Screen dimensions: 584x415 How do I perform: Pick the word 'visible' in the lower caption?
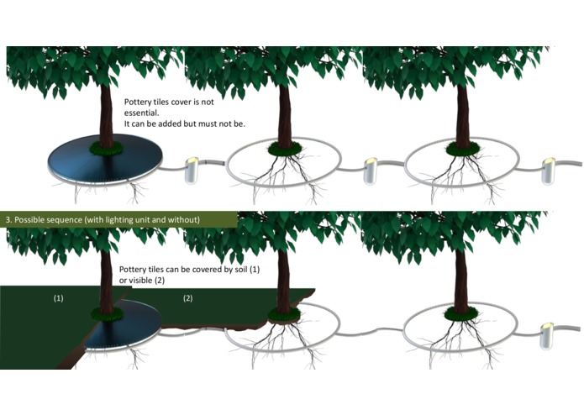pyautogui.click(x=139, y=280)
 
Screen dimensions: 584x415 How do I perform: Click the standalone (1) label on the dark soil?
pyautogui.click(x=59, y=298)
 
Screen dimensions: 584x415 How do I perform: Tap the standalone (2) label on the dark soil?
pyautogui.click(x=187, y=298)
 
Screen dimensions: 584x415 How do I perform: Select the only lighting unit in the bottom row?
pyautogui.click(x=547, y=336)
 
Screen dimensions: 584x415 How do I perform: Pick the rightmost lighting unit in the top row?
pyautogui.click(x=548, y=171)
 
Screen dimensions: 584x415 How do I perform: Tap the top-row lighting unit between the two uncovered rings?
pyautogui.click(x=371, y=171)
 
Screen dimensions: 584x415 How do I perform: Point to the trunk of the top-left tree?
pyautogui.click(x=106, y=115)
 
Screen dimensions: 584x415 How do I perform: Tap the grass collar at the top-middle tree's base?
pyautogui.click(x=286, y=149)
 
